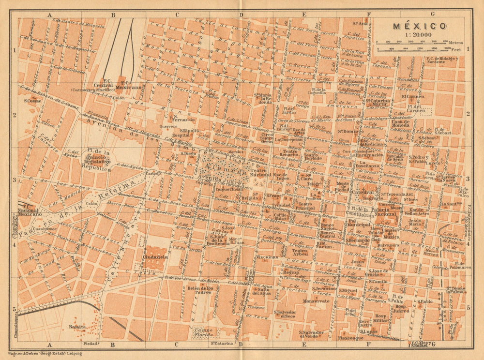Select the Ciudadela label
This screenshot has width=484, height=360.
pos(155,257)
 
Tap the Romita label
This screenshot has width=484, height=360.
pos(77,327)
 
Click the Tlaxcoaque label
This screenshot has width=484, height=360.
pos(352,338)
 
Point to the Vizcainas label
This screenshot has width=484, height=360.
pos(268,256)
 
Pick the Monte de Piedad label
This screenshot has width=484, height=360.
pos(343,187)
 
